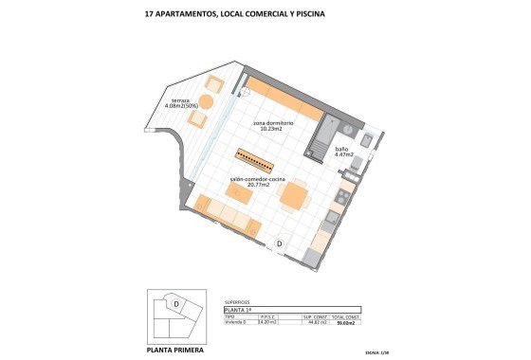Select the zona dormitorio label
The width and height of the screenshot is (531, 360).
click(273, 124)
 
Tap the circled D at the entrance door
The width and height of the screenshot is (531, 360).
click(281, 244)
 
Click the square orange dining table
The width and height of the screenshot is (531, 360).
click(296, 196)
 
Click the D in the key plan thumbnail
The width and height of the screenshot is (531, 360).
click(176, 303)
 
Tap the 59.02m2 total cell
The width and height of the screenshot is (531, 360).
click(345, 323)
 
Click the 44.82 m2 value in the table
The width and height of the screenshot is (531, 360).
click(316, 323)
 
